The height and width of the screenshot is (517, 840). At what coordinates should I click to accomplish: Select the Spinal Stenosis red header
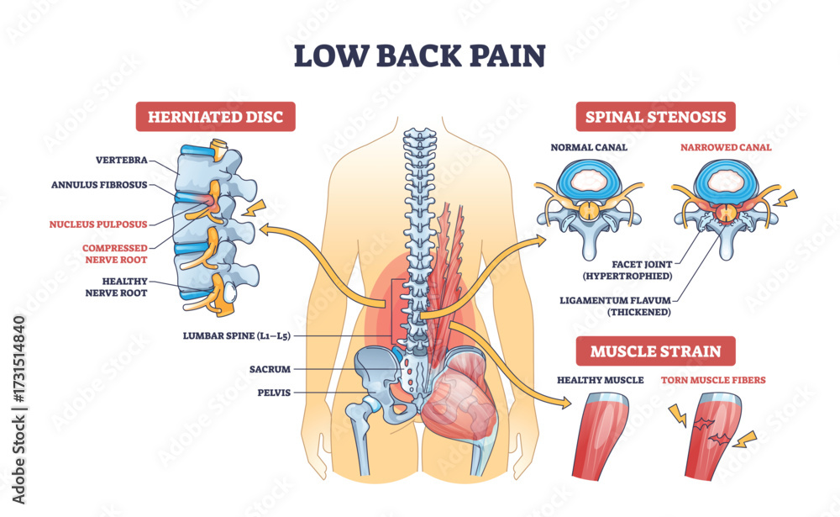(x=655, y=117)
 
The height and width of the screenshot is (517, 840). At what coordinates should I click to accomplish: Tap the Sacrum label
(x=270, y=368)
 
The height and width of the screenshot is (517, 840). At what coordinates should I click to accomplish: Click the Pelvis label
(x=274, y=391)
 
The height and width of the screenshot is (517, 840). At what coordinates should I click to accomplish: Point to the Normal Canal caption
(x=589, y=148)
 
